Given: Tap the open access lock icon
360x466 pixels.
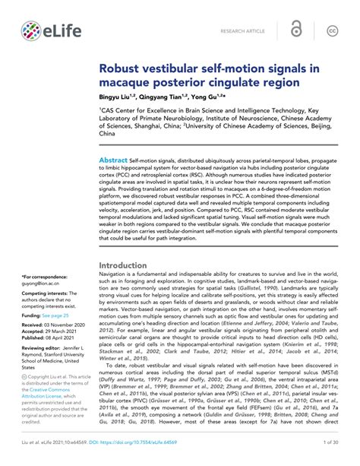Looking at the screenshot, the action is (297, 30).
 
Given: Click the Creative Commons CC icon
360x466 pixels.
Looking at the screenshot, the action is (333, 30).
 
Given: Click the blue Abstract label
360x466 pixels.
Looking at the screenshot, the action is (114, 160).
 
